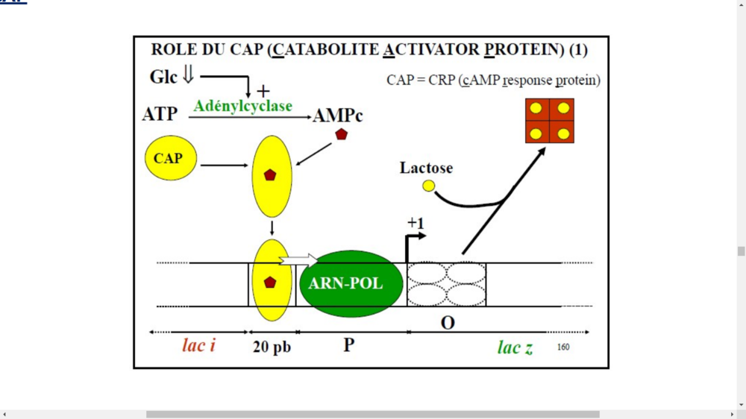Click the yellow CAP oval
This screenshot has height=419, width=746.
pos(168,158)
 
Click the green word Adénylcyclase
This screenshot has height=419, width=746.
pos(243,106)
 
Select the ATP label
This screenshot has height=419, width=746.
pos(160,114)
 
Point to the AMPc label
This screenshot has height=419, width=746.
pos(338,116)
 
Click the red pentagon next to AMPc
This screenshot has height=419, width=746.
pos(342,135)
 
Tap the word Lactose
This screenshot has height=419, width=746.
pos(426,168)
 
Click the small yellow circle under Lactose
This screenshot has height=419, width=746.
pos(428,186)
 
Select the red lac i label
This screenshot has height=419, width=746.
pos(198,346)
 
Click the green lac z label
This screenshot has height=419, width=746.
pos(515,347)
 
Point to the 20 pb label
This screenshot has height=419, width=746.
pos(272,347)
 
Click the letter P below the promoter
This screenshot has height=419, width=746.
pos(348,345)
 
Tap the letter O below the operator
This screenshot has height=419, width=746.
pos(448,324)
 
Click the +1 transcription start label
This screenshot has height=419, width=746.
pos(416,223)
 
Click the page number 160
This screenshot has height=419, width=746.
pos(563,347)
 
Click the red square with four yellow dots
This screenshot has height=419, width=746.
pos(551,121)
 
